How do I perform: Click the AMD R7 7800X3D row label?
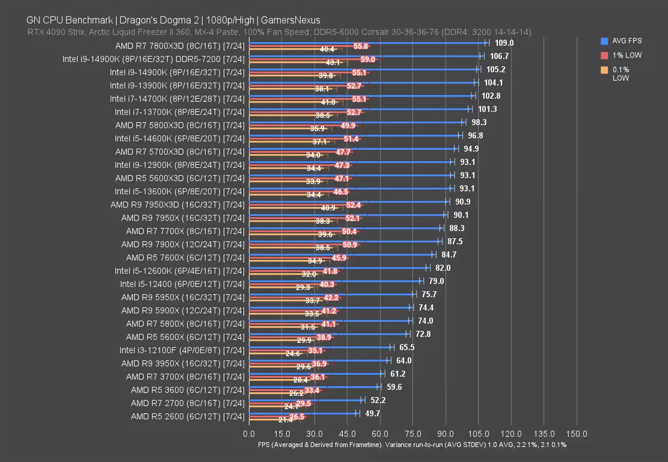180,45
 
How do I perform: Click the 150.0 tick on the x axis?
577,434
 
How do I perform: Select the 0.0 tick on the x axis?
249,434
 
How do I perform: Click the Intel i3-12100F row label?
182,350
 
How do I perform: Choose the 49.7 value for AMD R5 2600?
372,414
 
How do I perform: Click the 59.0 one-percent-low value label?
368,60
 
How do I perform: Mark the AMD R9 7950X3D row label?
177,204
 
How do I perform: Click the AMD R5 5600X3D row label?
180,178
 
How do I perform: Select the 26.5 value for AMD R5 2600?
297,417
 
